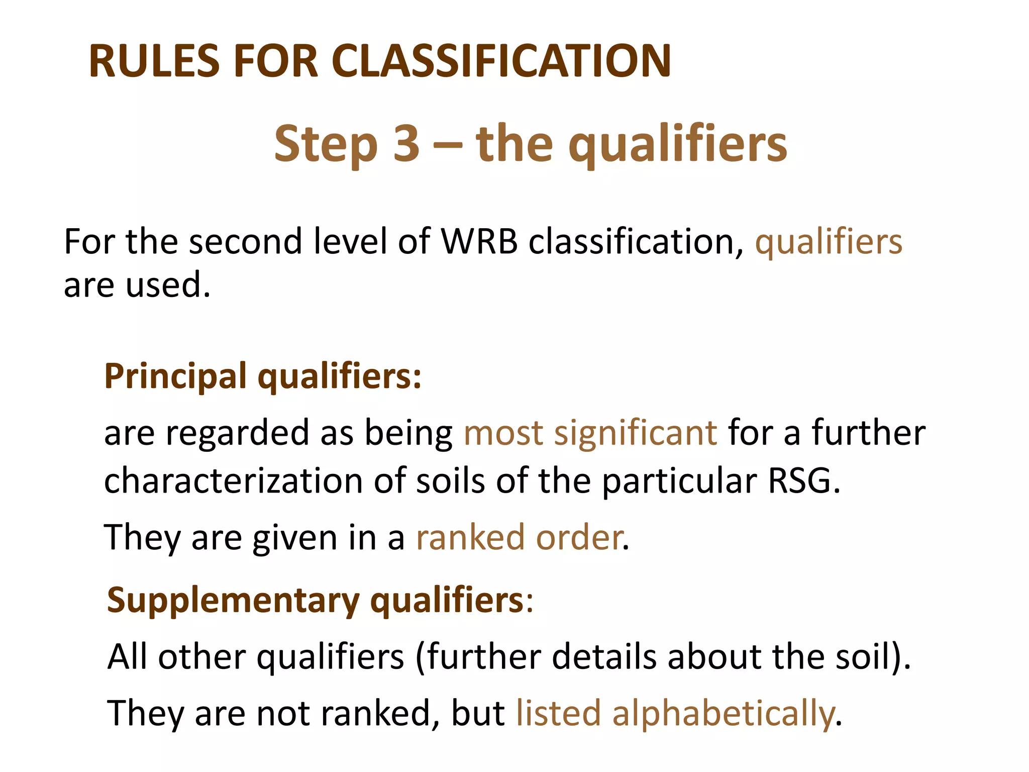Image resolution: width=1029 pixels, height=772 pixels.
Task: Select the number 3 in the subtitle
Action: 406,144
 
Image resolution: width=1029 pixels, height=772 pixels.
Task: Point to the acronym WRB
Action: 479,242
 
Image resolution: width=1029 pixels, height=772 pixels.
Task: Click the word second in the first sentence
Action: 246,242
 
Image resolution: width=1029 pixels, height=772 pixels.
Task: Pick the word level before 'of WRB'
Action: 350,242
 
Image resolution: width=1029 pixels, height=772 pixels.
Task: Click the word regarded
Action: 237,433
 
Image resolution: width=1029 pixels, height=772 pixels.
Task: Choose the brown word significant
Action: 635,433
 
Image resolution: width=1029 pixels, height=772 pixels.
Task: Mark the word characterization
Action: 233,481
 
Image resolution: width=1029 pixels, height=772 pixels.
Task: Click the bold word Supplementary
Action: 233,601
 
